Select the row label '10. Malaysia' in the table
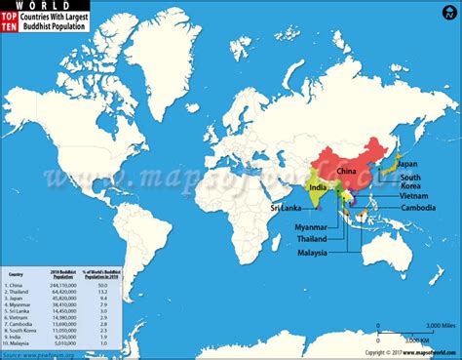point(23,343)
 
